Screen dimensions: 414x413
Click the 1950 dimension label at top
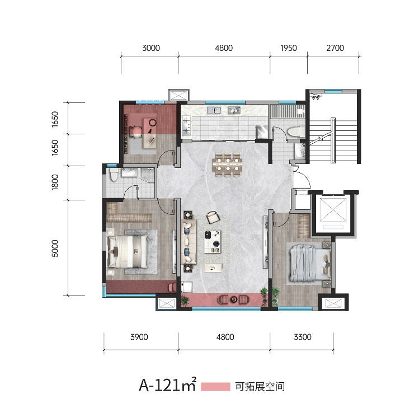point(288,48)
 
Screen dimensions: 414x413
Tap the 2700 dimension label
point(335,48)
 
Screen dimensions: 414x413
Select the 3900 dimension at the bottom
point(139,337)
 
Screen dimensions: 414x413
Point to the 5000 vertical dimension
point(55,248)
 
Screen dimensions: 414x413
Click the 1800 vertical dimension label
point(55,182)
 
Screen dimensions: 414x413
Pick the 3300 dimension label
point(303,337)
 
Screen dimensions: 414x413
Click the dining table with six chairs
point(227,165)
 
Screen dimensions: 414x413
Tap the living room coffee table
point(213,242)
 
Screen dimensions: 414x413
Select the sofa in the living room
point(188,242)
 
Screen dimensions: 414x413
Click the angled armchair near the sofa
point(213,217)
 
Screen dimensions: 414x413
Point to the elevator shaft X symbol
point(333,209)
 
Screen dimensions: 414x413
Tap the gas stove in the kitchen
point(186,125)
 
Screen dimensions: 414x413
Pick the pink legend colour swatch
point(215,387)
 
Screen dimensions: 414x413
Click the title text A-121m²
point(168,384)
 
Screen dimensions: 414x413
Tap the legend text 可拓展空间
point(260,387)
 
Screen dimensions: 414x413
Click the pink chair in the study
point(136,132)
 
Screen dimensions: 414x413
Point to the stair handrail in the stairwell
point(333,140)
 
